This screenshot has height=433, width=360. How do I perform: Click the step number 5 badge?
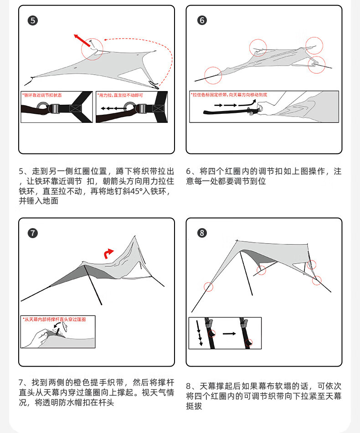[33, 20]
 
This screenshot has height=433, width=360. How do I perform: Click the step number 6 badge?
[202, 20]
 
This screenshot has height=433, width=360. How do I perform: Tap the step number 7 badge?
[33, 233]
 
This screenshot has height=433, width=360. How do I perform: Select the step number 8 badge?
[202, 233]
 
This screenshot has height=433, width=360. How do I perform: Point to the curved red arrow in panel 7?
[108, 253]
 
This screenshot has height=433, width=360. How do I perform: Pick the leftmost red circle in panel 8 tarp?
[208, 287]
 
